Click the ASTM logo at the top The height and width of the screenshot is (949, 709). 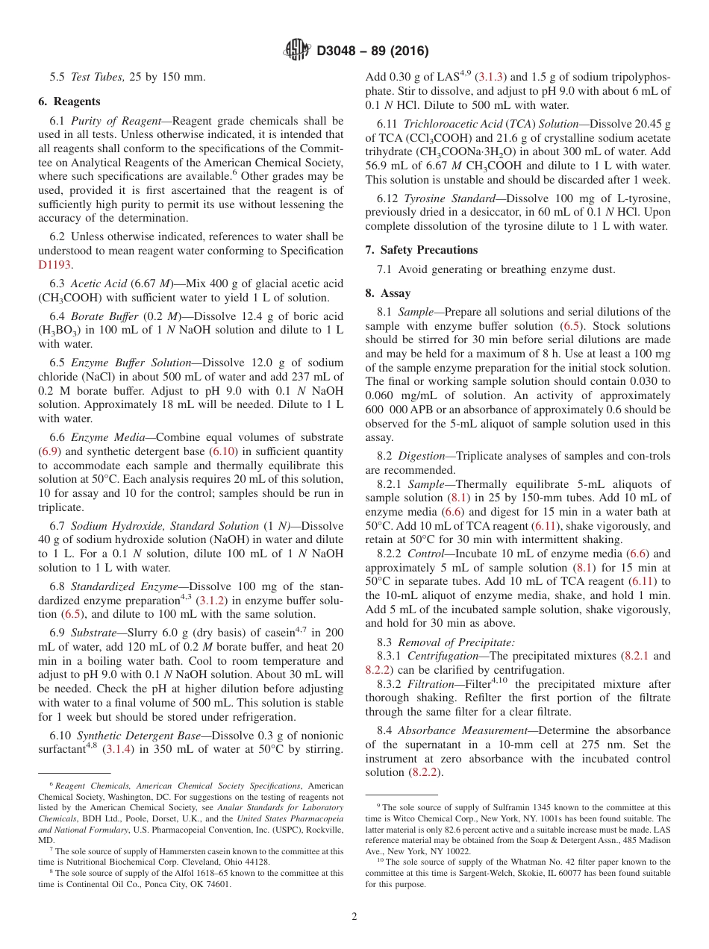(297, 51)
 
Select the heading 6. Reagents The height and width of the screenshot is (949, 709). (69, 101)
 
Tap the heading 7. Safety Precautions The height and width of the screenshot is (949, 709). (422, 250)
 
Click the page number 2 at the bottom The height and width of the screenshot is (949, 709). (354, 916)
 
